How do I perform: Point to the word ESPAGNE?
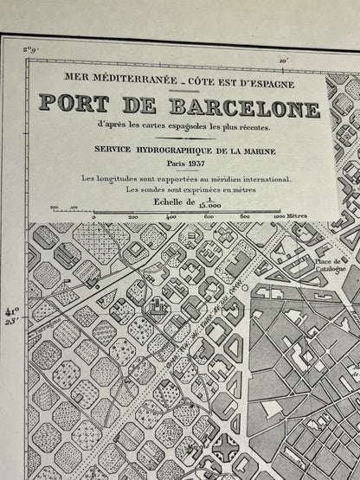click(x=268, y=84)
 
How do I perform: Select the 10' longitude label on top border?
click(x=284, y=60)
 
